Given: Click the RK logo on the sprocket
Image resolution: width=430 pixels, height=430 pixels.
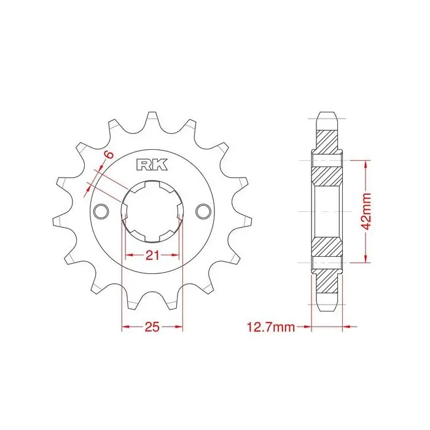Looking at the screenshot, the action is (x=152, y=165).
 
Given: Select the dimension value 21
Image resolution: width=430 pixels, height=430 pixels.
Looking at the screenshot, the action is (x=152, y=256).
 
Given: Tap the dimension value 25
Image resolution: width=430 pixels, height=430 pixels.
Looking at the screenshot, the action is (x=152, y=327).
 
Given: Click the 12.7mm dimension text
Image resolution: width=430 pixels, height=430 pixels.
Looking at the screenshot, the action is (x=271, y=327).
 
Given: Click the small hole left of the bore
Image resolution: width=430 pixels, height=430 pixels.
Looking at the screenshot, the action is (x=101, y=211).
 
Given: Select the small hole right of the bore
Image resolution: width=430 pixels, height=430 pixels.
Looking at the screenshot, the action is (x=203, y=211).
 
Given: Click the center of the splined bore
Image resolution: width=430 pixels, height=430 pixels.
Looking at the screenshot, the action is (x=152, y=211).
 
